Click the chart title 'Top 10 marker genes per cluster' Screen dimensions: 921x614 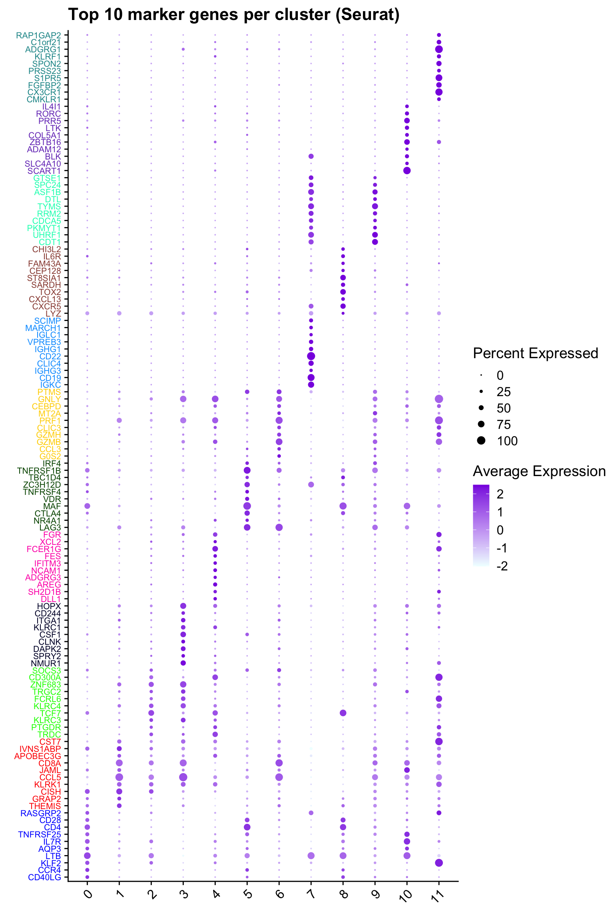234,15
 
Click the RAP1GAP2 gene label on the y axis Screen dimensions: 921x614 38,35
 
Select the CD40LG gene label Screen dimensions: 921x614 44,877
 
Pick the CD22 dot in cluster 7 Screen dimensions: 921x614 311,356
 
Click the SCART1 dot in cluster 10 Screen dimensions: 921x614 407,171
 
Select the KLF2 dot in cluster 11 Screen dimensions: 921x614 439,863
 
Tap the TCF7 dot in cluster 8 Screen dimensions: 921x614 343,713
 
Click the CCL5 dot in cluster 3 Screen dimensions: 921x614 183,777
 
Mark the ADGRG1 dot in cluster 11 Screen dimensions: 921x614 439,49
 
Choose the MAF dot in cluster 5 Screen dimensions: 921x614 247,506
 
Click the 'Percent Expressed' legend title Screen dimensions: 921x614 535,353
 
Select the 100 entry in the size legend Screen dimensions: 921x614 507,441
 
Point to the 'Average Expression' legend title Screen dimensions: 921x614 539,471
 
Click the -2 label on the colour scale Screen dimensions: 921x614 502,566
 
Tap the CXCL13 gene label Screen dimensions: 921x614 45,299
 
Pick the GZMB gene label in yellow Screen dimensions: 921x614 49,442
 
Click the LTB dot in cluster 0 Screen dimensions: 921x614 87,855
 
